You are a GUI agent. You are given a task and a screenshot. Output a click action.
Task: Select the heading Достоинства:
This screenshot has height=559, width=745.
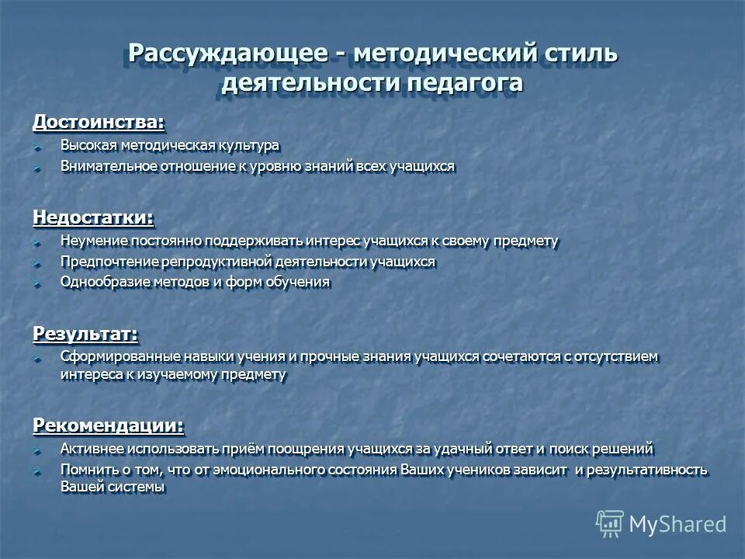click(x=99, y=122)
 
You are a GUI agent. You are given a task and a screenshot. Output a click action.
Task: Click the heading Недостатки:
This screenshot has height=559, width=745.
click(x=92, y=217)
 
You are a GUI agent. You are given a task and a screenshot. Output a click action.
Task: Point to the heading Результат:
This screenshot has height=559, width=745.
click(x=85, y=333)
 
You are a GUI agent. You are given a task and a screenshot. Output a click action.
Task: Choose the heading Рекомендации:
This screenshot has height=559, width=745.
click(x=109, y=425)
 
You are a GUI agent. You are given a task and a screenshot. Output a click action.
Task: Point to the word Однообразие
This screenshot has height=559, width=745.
click(x=99, y=282)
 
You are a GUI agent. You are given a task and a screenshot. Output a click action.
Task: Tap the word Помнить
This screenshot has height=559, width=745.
click(x=85, y=470)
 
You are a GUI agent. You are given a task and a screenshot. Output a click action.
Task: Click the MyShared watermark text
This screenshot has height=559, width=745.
click(x=677, y=524)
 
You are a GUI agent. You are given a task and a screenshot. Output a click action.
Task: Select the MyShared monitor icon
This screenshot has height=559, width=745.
click(x=610, y=523)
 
